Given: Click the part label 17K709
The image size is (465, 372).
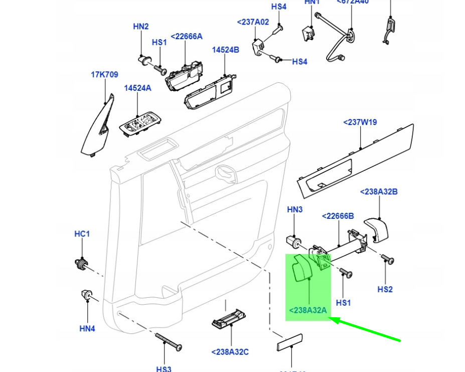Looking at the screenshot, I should (x=104, y=75).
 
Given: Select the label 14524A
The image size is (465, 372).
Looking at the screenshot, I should (x=137, y=88).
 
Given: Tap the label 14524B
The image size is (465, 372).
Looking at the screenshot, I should (x=225, y=50).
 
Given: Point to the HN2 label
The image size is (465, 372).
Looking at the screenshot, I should (x=141, y=26).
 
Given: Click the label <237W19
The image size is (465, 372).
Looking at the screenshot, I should (x=360, y=122).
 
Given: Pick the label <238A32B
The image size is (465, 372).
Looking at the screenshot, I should (x=379, y=192).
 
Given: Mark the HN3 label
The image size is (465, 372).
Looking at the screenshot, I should (x=294, y=209).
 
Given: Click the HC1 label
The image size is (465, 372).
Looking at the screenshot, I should (x=82, y=234).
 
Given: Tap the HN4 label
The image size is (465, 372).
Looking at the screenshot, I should (x=87, y=329).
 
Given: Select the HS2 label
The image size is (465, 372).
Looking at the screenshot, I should (x=385, y=289).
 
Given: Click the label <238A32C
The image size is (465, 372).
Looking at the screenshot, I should (x=230, y=352).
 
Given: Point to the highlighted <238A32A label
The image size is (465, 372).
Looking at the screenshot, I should (x=307, y=310).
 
